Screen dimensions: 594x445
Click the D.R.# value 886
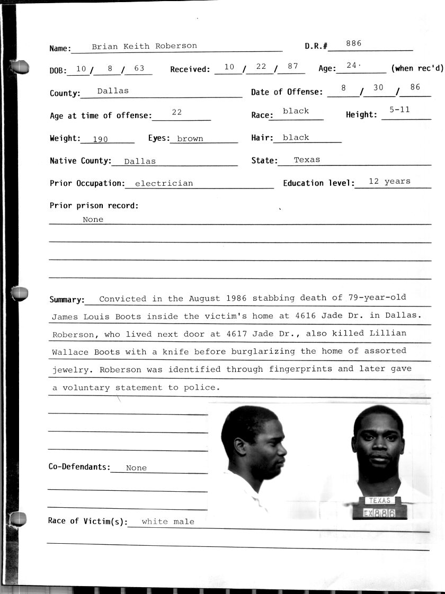(x=353, y=43)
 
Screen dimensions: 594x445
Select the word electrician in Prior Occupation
(x=164, y=184)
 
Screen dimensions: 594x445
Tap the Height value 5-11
(x=399, y=110)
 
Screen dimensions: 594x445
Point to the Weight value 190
(x=100, y=139)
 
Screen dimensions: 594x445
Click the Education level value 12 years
(x=389, y=181)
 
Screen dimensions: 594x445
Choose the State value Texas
(x=307, y=159)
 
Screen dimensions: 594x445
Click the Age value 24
(x=352, y=66)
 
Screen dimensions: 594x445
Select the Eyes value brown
(x=190, y=139)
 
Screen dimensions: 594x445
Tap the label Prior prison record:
(x=94, y=205)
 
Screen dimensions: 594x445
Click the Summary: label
(x=67, y=300)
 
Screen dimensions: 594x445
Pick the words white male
(x=168, y=521)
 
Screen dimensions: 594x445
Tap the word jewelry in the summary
(x=73, y=370)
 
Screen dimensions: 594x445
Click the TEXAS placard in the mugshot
(x=379, y=500)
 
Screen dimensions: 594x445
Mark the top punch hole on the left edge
(x=20, y=67)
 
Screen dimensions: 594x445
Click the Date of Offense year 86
(x=415, y=87)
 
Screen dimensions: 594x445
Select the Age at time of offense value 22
(x=177, y=112)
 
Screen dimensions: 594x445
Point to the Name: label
(x=60, y=49)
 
